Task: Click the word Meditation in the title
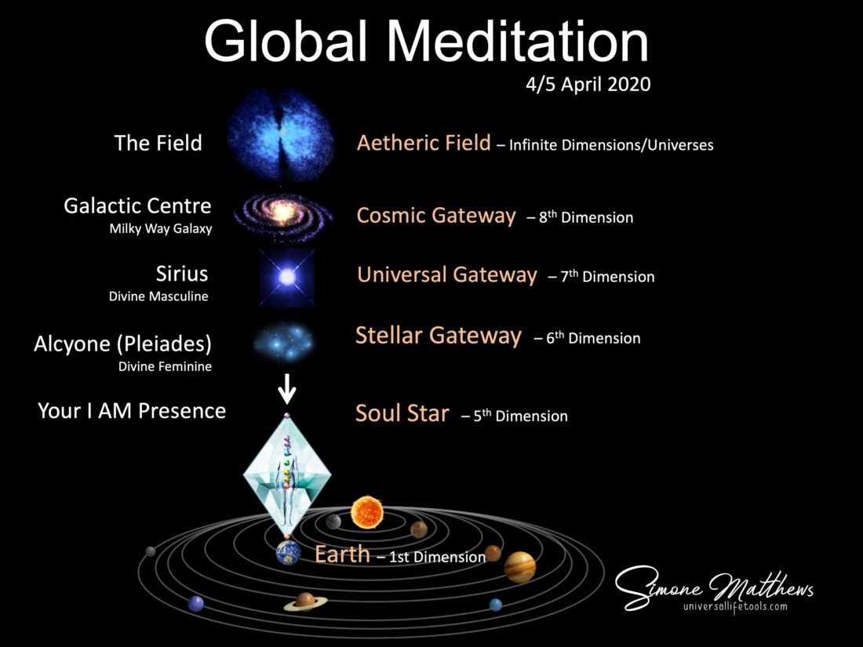click(518, 42)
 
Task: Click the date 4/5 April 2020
click(588, 84)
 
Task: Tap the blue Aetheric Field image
click(281, 136)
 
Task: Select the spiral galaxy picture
click(283, 215)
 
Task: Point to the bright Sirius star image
click(286, 277)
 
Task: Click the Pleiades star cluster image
click(284, 341)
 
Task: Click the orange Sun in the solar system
click(367, 512)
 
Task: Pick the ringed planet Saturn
click(305, 602)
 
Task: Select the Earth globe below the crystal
click(289, 552)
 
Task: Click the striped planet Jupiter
click(519, 567)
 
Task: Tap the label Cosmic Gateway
click(436, 216)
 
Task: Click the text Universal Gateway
click(447, 274)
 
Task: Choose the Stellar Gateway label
click(438, 336)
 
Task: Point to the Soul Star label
click(402, 413)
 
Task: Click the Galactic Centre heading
click(137, 205)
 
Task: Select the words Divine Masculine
click(158, 296)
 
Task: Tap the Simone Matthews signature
click(713, 587)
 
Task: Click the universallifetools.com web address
click(735, 607)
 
